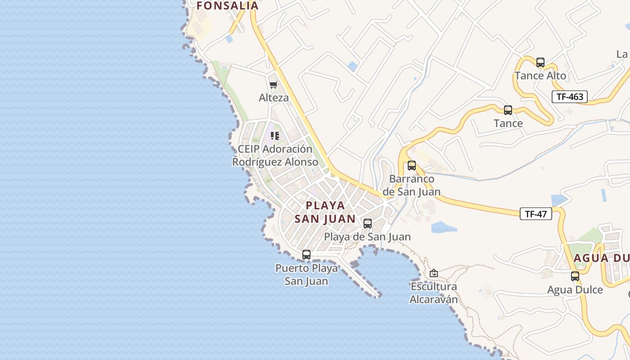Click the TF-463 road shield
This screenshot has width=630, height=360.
click(x=570, y=97)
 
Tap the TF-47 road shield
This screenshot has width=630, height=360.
click(x=535, y=214)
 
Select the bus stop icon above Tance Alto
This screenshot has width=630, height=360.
click(x=540, y=63)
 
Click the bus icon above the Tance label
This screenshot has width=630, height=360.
click(x=508, y=110)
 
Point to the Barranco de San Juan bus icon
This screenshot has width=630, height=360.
click(x=412, y=166)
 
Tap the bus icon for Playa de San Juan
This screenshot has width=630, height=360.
click(x=368, y=224)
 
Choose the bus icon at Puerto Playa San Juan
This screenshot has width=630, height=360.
click(x=306, y=255)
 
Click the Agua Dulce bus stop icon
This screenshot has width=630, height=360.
click(x=575, y=276)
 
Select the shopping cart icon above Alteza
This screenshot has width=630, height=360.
click(x=273, y=85)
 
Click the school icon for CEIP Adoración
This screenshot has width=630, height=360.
click(x=275, y=136)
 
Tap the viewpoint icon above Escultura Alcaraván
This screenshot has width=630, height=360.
click(x=434, y=273)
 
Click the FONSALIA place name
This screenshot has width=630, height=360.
click(x=228, y=6)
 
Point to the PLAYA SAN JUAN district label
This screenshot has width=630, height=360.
click(x=325, y=212)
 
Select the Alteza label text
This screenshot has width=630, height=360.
click(x=274, y=98)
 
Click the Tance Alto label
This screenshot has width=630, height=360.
click(x=540, y=76)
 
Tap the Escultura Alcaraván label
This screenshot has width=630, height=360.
click(x=433, y=293)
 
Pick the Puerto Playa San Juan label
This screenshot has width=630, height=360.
click(x=306, y=275)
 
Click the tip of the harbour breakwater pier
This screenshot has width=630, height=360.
click(x=379, y=296)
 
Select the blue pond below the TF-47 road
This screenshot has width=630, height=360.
click(x=444, y=227)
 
